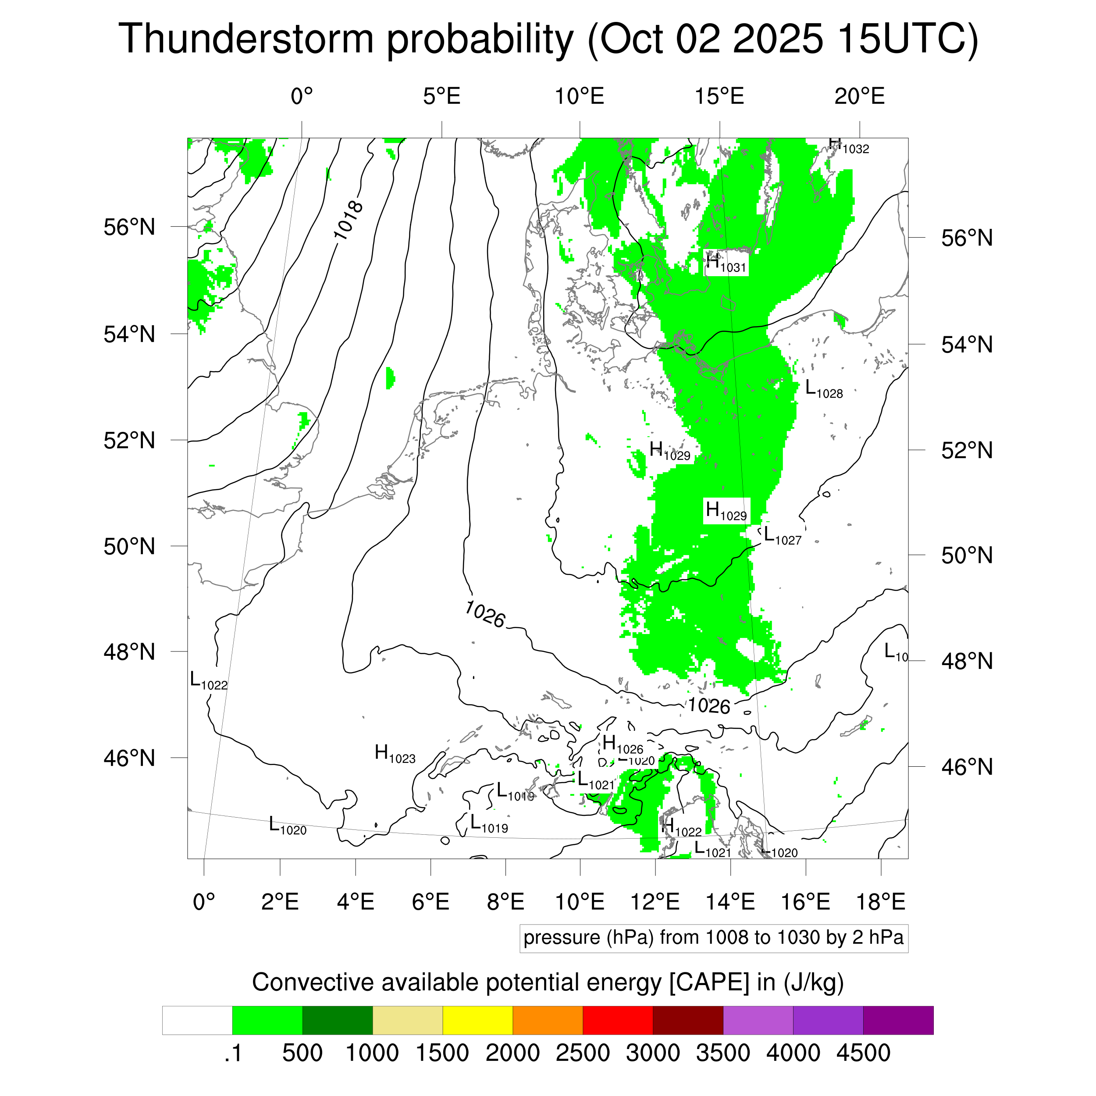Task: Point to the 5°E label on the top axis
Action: point(441,96)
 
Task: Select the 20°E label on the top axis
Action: point(859,96)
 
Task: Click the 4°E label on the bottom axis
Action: point(355,901)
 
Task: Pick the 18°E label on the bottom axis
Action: point(880,901)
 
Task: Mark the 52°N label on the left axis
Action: point(129,440)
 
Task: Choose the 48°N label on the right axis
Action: point(967,661)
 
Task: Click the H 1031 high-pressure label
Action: point(726,264)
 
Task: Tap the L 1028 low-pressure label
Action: point(824,390)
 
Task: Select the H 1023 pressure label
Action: point(395,754)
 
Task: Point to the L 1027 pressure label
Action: point(782,536)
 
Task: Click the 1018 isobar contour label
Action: point(347,221)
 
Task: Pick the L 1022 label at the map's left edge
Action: point(208,680)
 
